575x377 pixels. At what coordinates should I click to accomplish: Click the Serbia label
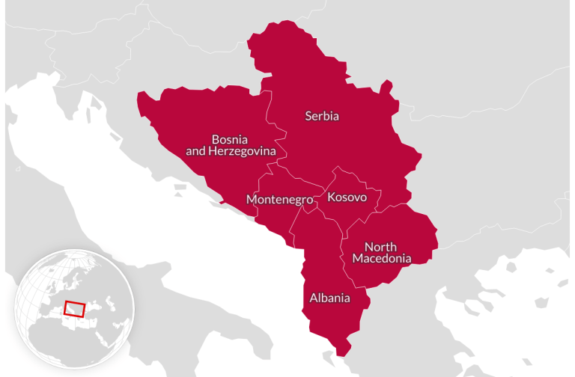(x=322, y=116)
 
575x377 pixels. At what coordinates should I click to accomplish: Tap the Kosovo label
(x=347, y=197)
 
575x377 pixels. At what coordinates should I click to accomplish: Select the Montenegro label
(x=279, y=200)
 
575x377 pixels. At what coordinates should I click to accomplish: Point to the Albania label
(x=329, y=298)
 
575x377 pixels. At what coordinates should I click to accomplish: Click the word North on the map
(x=380, y=247)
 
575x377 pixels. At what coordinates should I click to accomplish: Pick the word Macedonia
(x=382, y=259)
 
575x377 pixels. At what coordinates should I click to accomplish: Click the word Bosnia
(x=229, y=139)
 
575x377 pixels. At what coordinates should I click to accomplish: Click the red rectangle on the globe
(x=75, y=308)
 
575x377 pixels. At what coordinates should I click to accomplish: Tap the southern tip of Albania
(x=344, y=352)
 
